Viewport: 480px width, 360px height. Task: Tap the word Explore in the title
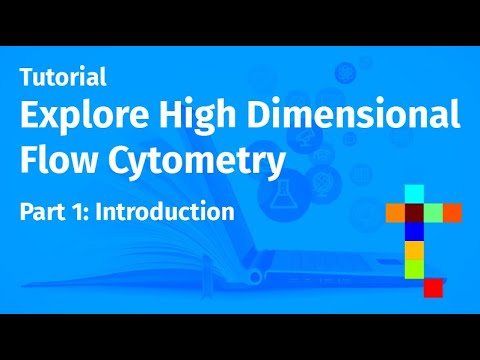point(83,118)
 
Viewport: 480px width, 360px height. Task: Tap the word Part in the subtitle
point(44,212)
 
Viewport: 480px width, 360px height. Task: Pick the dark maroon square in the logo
point(414,213)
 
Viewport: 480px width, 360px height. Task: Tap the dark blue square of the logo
point(414,231)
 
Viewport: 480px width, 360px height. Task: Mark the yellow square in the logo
point(414,250)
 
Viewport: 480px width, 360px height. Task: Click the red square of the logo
point(433,288)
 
